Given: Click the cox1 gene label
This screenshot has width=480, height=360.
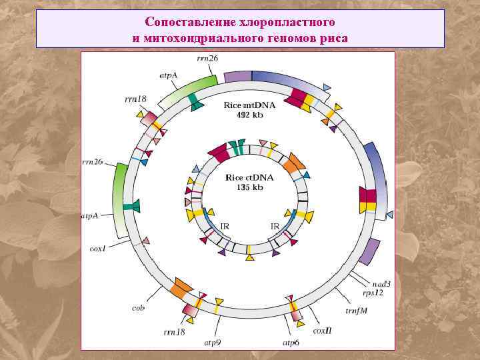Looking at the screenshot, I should (x=97, y=248).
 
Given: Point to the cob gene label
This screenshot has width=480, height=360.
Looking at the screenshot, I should (x=139, y=307).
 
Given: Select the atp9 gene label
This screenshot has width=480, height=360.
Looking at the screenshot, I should (x=213, y=342).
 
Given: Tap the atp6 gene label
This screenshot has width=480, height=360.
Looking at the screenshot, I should (x=291, y=342).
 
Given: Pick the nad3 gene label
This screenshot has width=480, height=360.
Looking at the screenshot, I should (x=381, y=283).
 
